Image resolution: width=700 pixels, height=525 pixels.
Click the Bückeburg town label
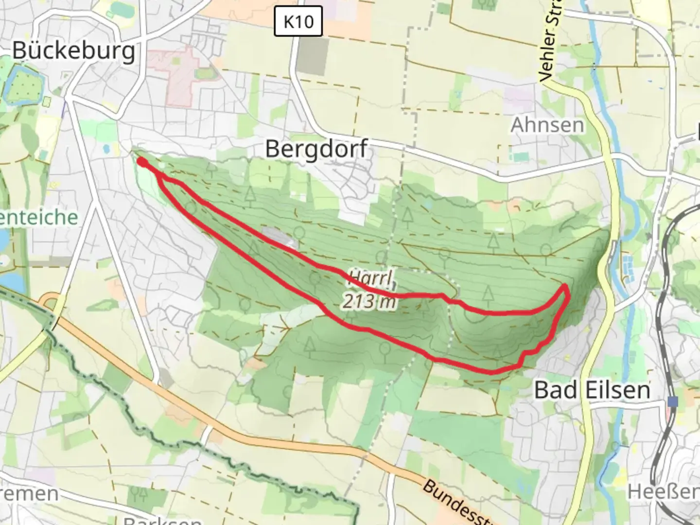click(x=74, y=50)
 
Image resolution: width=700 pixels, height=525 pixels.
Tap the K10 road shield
click(x=298, y=21)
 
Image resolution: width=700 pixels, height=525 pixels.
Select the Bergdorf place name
click(x=316, y=149)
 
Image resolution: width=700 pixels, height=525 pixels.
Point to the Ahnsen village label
click(x=547, y=125)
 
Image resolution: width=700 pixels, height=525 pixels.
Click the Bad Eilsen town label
click(x=592, y=390)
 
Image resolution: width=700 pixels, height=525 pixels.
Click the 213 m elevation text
click(x=368, y=301)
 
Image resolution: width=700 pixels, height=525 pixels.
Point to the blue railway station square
click(x=673, y=402)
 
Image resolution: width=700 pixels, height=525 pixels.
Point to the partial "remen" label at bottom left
click(x=29, y=493)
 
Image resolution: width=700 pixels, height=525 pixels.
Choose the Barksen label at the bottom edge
click(x=162, y=520)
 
